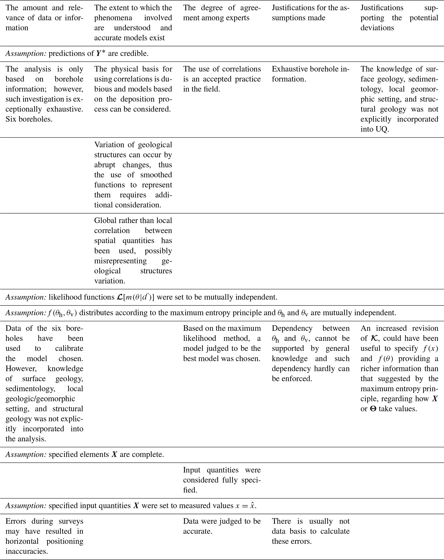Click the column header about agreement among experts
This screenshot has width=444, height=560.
pyautogui.click(x=222, y=13)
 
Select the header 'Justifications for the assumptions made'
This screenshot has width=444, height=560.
pyautogui.click(x=310, y=13)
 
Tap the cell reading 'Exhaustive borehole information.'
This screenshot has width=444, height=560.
pyautogui.click(x=310, y=74)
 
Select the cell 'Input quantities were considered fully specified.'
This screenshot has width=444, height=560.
pyautogui.click(x=222, y=480)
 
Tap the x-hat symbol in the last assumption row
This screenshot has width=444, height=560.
pyautogui.click(x=252, y=505)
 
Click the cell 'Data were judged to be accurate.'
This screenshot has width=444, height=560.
pyautogui.click(x=222, y=526)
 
